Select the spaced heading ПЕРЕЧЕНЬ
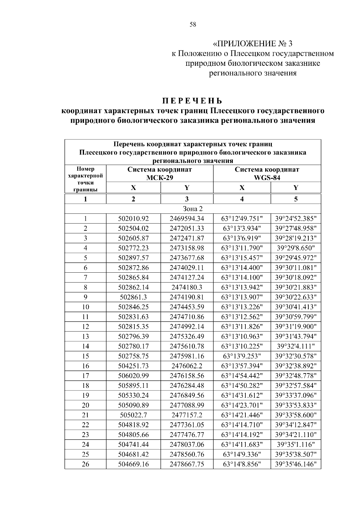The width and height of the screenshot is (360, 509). [193, 100]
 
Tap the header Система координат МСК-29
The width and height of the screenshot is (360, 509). [160, 173]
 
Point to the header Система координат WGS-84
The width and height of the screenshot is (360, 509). [267, 173]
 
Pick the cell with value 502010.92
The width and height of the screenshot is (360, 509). [133, 219]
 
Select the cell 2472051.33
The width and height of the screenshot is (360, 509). [187, 229]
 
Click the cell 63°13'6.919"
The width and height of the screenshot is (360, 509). [242, 238]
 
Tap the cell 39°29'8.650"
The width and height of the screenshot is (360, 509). [295, 248]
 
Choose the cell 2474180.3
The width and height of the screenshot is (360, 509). [187, 287]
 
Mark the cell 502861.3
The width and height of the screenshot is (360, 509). [133, 297]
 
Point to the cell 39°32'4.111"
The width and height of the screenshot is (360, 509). [295, 346]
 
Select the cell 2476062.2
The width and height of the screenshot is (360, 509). [187, 366]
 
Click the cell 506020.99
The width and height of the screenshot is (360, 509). [133, 376]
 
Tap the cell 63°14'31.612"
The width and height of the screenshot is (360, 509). [242, 395]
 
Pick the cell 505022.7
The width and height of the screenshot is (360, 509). [133, 415]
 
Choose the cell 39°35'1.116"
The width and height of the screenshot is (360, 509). [295, 445]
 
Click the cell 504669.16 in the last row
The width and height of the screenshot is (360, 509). [133, 464]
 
